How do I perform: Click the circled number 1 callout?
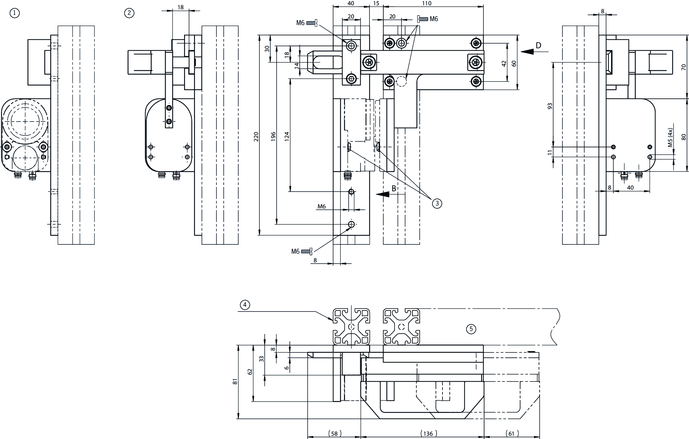point(15,13)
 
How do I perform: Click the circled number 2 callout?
point(129,13)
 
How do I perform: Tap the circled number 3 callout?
point(437,203)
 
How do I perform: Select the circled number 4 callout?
point(245,305)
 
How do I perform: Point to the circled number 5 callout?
point(471,329)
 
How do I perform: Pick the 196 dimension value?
point(273,137)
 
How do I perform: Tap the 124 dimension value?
point(287,137)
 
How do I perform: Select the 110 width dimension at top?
point(427,4)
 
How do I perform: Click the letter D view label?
point(538,46)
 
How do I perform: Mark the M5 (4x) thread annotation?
point(670,137)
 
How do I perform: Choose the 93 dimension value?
point(550,106)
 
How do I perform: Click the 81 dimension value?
point(235,382)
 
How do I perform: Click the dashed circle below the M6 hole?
point(402,81)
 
